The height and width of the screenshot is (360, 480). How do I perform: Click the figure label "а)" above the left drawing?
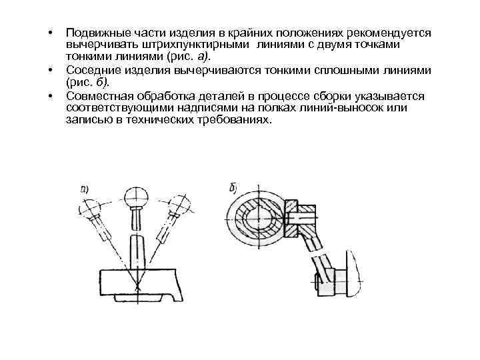[85, 189]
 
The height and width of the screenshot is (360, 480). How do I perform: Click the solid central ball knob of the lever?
[136, 196]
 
